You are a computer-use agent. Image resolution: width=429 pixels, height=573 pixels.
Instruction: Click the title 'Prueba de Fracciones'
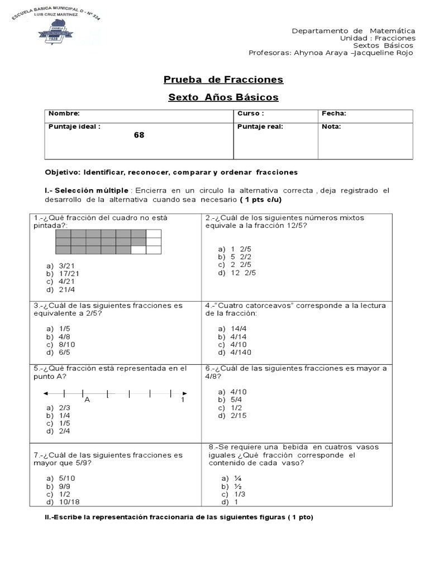(223, 79)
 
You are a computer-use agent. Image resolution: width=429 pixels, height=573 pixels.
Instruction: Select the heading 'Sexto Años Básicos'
(223, 97)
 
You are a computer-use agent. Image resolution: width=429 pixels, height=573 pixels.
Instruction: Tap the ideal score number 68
(139, 135)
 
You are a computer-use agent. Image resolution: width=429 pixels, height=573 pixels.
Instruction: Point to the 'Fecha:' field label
(334, 114)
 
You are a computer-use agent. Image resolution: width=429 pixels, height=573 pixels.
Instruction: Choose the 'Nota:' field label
(331, 126)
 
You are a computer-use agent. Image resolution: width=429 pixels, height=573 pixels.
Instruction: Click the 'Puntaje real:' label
(260, 126)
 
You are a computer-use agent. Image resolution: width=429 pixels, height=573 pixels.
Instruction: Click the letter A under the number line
(87, 400)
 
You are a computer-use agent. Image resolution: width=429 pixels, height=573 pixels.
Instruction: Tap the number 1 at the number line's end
(183, 400)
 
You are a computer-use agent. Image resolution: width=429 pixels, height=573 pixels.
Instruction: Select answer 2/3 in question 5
(64, 408)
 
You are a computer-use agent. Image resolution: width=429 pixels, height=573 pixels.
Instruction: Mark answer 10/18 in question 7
(69, 502)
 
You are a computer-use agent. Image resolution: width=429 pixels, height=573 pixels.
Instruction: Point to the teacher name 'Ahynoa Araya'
(316, 53)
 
